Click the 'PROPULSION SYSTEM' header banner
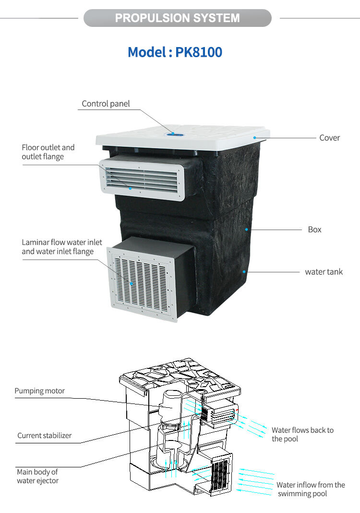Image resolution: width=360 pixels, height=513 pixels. point(177,18)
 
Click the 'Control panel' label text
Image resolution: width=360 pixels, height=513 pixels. point(106,104)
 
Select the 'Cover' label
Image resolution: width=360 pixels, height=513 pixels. point(329,138)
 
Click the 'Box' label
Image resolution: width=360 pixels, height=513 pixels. point(314,230)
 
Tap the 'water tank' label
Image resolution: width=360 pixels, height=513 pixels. point(324,272)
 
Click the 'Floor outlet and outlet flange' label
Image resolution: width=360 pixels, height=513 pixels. point(48,152)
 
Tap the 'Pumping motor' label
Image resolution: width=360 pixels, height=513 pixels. point(39,391)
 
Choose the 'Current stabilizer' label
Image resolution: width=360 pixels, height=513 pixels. point(44,436)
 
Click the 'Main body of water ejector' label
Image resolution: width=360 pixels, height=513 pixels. point(37,476)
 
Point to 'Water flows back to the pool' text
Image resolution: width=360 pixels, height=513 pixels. point(302,434)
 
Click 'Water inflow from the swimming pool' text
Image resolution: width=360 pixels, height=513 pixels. point(310,489)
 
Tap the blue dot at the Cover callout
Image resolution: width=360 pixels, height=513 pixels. point(255,138)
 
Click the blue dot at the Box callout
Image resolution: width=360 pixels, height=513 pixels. point(247,230)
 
